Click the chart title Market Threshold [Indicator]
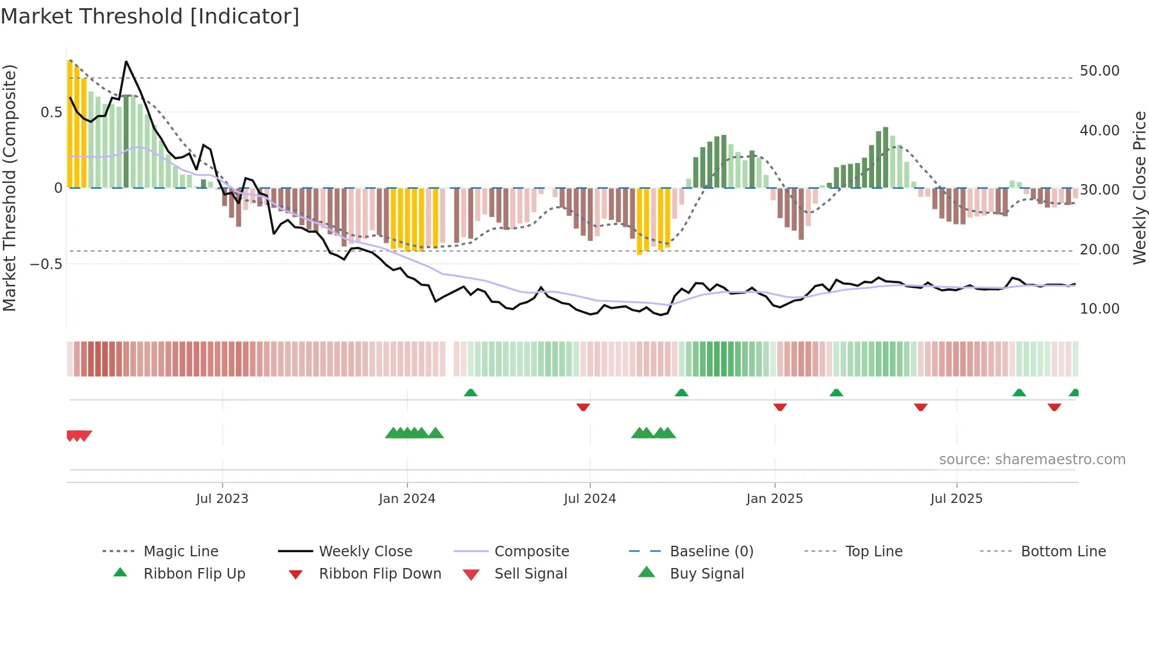[x=150, y=16]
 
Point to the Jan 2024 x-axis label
[x=407, y=498]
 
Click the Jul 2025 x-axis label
[x=956, y=498]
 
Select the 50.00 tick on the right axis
[x=1099, y=71]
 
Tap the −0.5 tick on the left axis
[x=46, y=264]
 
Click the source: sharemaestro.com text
[x=1032, y=459]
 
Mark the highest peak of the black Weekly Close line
[x=126, y=62]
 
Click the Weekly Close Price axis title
[x=1139, y=188]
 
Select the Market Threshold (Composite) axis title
[x=9, y=188]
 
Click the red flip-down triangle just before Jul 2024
[x=583, y=407]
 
